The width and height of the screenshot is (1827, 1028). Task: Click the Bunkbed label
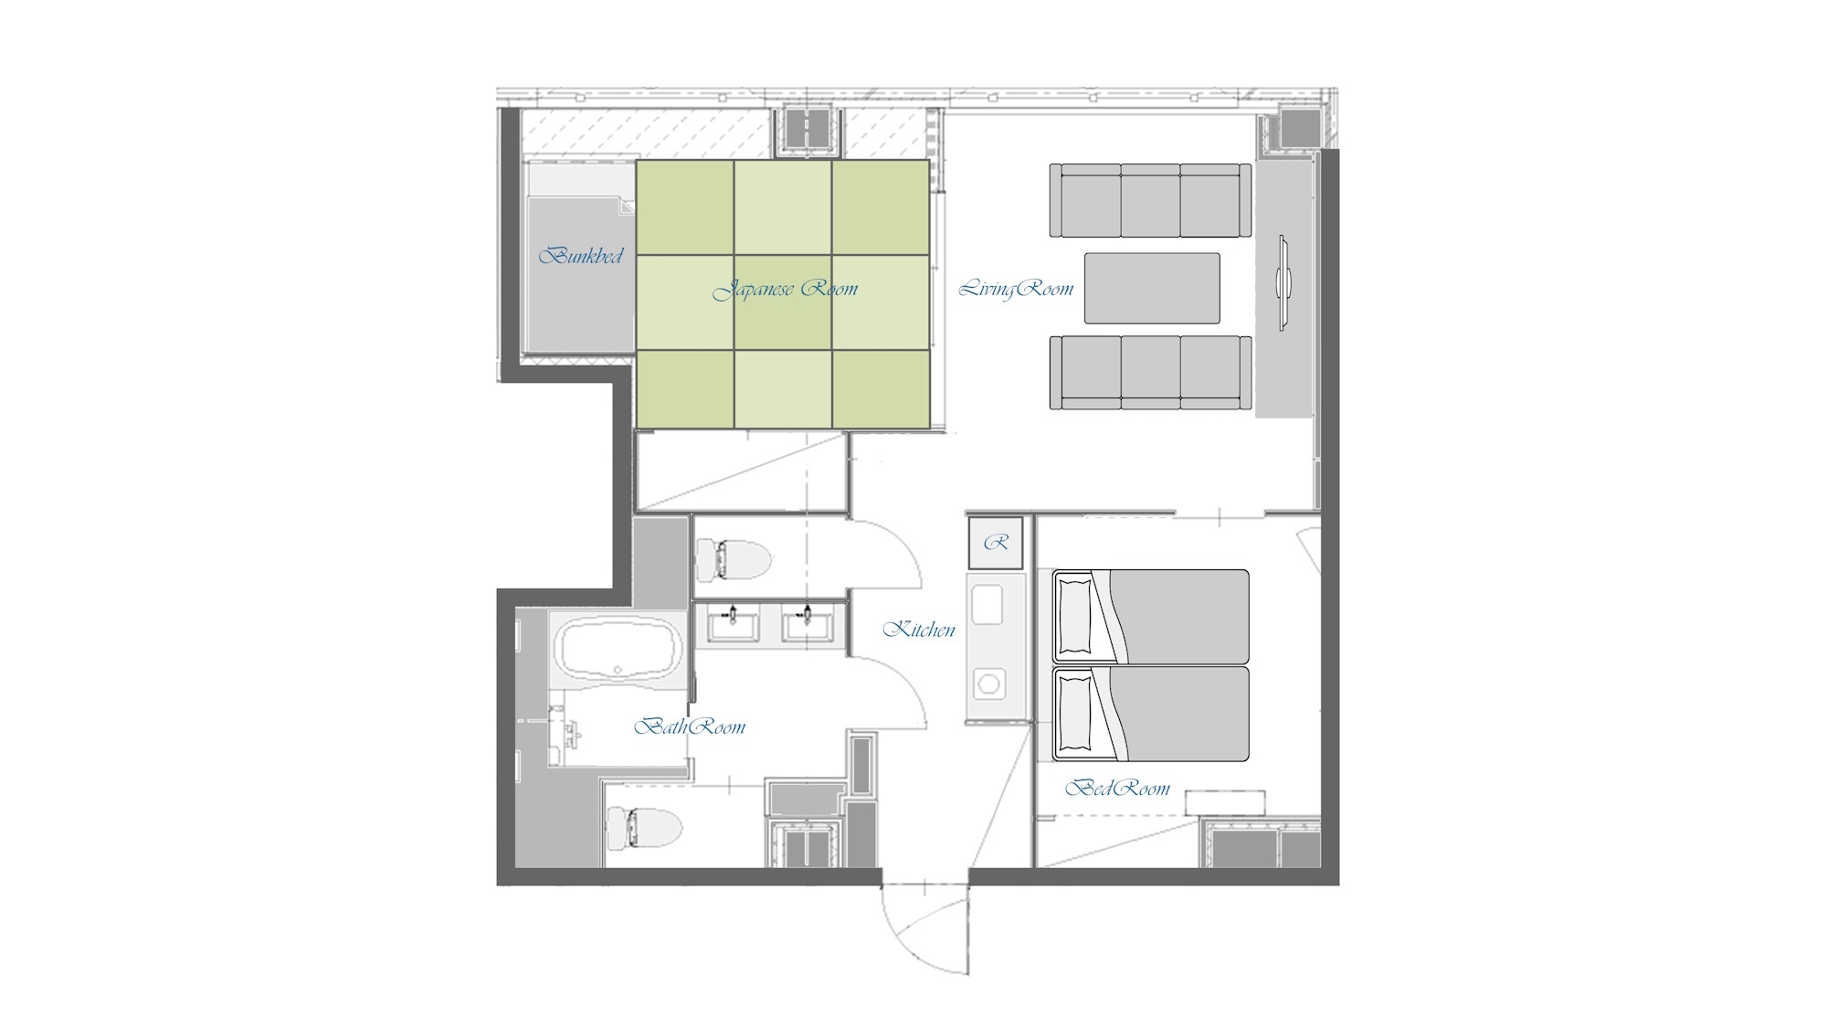pos(581,255)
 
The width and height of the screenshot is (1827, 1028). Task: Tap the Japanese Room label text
pos(786,290)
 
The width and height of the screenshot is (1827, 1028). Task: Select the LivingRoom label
pos(1016,289)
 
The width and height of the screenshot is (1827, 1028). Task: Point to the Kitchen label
pos(919,629)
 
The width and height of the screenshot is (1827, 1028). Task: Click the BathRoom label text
pos(690,726)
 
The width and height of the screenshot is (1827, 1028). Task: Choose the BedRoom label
pos(1117,788)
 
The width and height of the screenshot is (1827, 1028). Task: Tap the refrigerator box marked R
pos(996,543)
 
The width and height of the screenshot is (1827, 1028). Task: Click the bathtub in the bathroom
pos(618,648)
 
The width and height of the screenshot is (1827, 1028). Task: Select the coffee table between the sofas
pos(1152,288)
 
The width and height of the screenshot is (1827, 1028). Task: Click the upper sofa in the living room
pos(1150,201)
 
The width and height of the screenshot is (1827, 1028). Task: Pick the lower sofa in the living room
pos(1150,372)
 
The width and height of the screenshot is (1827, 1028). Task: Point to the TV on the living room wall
pos(1283,281)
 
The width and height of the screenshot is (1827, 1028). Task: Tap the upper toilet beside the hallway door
pos(733,559)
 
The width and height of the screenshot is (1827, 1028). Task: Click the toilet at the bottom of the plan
pos(644,829)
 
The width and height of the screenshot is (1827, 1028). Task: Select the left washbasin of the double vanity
pos(732,624)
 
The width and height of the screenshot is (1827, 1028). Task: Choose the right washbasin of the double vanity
pos(807,624)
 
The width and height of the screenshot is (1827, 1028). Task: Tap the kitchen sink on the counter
pos(987,605)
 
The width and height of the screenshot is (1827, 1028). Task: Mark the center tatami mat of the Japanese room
pos(783,302)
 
